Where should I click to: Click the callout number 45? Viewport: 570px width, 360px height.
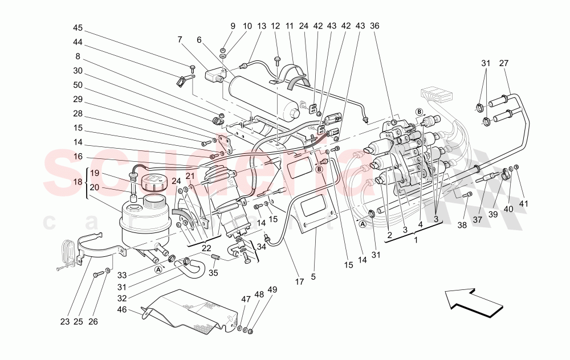click(78, 27)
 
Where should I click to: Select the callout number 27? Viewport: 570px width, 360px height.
click(503, 63)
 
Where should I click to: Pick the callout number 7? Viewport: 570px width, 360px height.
click(180, 40)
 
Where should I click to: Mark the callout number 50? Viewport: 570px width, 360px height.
click(78, 85)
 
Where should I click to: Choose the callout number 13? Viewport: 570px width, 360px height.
click(262, 26)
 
